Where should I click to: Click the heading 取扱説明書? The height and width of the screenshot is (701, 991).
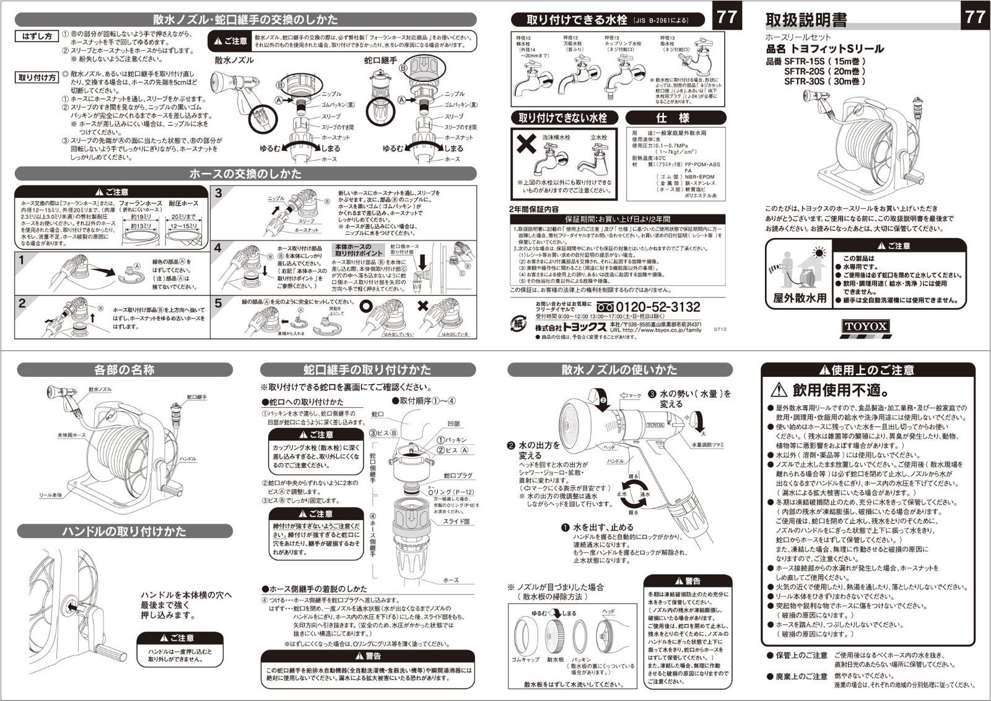806,20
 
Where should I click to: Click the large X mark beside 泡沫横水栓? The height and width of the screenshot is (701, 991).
526,144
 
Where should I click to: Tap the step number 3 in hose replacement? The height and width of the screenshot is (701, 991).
218,193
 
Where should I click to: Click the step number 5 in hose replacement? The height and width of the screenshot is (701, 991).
218,303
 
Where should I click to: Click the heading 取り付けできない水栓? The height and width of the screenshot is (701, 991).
562,118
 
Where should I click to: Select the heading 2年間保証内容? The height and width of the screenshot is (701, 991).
534,209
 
